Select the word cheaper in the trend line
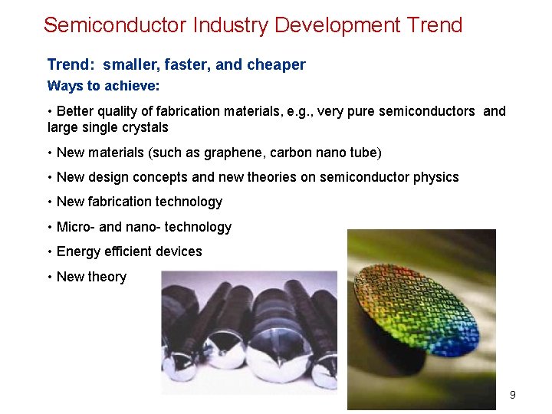click(x=276, y=65)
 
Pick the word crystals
click(x=143, y=127)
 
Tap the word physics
click(x=436, y=177)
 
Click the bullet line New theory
click(x=91, y=277)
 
